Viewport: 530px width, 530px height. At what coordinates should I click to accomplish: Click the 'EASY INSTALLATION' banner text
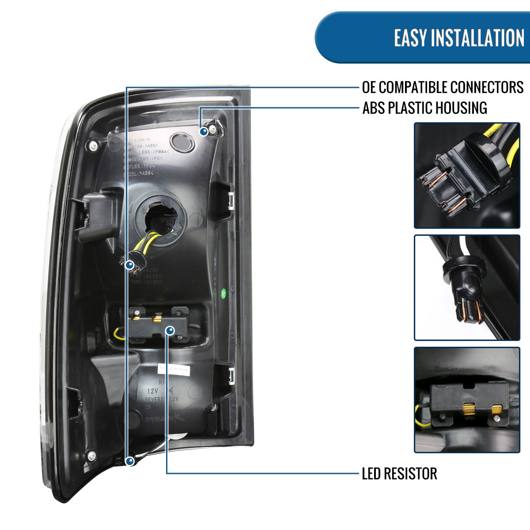coord(459,38)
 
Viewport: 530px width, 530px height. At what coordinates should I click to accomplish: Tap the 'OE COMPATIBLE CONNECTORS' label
coord(443,87)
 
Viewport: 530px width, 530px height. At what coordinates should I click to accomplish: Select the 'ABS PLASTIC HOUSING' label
coord(424,108)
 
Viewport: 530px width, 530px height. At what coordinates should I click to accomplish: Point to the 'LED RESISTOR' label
coord(399,473)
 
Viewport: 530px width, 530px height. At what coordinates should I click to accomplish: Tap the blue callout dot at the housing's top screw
coord(204,131)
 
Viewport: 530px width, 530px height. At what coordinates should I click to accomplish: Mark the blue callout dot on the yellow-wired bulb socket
coord(129,265)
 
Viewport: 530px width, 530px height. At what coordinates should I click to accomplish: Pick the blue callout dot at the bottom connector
coord(129,462)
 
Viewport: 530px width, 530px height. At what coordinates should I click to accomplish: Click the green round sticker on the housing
coord(223,292)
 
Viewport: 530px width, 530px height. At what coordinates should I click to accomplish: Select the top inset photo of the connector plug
coord(467,175)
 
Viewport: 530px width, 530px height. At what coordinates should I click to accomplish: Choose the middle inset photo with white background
coord(467,288)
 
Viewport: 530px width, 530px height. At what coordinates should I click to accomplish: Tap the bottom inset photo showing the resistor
coord(467,400)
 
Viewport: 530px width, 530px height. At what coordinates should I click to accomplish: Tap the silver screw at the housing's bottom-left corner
coord(91,455)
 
